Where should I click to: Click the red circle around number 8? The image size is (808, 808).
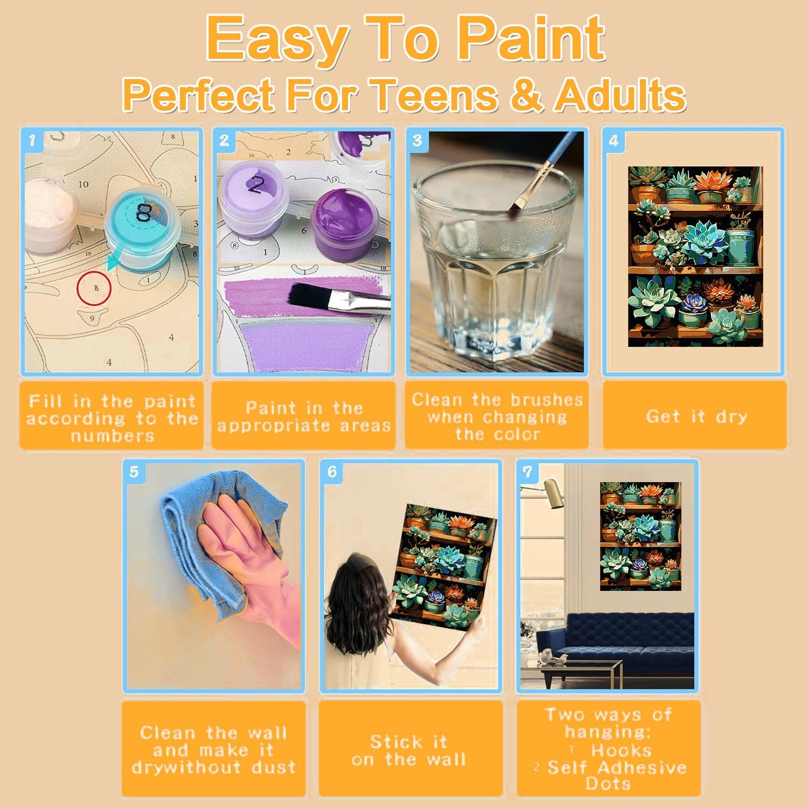point(94,289)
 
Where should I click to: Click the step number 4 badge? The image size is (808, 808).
point(614,141)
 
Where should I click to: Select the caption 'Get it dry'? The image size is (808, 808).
point(696,416)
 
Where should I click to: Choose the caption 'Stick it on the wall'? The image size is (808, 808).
point(409,750)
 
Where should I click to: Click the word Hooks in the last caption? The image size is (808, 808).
point(621,750)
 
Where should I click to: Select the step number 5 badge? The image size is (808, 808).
point(134,472)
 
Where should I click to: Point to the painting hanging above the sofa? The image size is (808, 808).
point(640,536)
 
